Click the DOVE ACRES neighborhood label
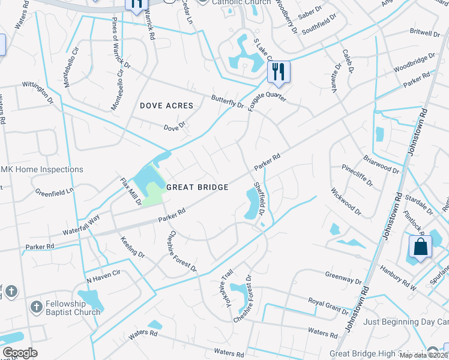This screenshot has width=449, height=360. point(167,106)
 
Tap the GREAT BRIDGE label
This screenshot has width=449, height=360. point(197,187)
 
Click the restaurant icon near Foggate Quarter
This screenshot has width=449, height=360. point(278,71)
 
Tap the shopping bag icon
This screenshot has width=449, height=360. point(420,247)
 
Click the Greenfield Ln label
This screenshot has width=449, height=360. point(54,192)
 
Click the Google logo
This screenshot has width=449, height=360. point(20,353)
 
